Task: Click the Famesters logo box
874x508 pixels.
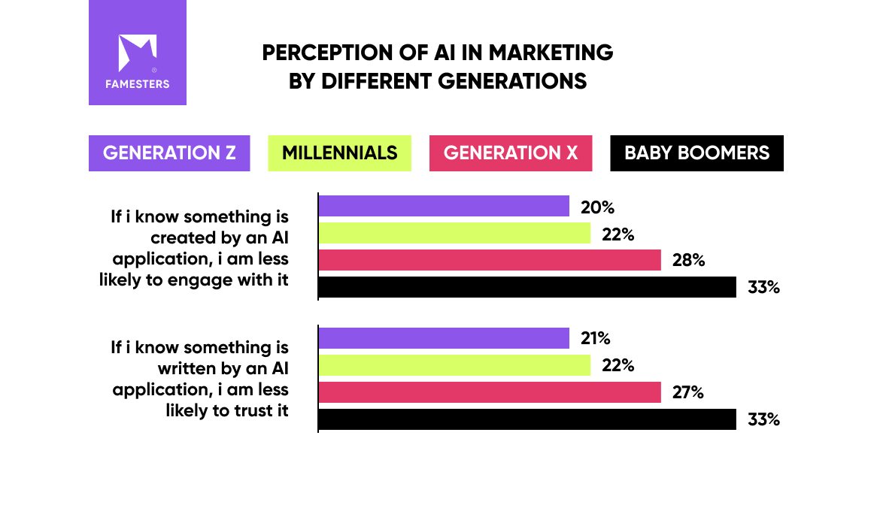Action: coord(137,53)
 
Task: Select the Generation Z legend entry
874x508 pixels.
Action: coord(169,153)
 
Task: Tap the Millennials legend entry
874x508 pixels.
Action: coord(339,153)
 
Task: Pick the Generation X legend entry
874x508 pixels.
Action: coord(510,153)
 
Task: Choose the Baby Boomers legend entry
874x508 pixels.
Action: coord(696,153)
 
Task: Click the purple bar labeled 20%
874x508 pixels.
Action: coord(444,206)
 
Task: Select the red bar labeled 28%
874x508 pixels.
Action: coord(490,260)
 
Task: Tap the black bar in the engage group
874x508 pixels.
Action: coord(527,287)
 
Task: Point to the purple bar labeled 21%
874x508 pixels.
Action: coord(444,338)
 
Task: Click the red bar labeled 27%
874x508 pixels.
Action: coord(490,392)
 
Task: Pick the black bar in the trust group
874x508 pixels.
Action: coord(527,419)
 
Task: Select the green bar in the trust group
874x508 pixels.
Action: coord(455,365)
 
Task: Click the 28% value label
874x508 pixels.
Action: coord(688,261)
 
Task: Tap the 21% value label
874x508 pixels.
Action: coord(596,339)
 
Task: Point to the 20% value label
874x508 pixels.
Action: coord(597,207)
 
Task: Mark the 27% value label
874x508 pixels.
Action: coord(687,392)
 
